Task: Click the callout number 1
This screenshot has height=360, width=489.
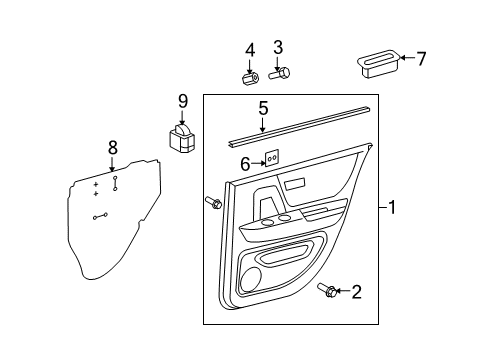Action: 393,208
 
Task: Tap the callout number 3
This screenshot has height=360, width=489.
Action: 279,46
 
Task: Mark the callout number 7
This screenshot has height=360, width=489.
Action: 421,59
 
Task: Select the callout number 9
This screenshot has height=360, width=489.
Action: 183,100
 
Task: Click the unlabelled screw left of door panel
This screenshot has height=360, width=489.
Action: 213,203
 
